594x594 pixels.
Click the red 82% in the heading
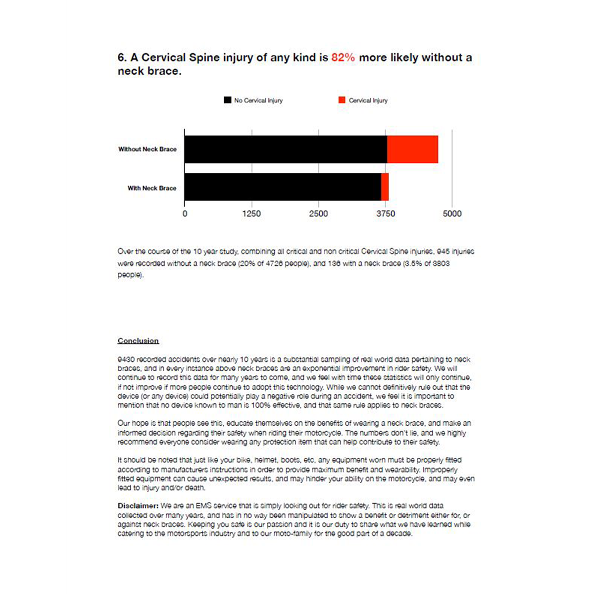point(343,57)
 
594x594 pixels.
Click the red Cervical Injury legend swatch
point(342,100)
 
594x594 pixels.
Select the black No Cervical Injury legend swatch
point(227,100)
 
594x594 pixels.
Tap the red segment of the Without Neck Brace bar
point(412,149)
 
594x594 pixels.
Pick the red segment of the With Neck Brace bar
point(385,187)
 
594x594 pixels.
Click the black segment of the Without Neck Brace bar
point(286,149)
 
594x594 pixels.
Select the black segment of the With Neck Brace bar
point(283,187)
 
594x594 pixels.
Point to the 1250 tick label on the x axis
point(251,214)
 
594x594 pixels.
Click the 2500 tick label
point(318,214)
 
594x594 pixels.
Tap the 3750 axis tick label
point(386,214)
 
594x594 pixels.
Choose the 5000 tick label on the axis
point(452,214)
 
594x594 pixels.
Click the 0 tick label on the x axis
point(185,214)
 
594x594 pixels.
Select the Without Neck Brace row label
point(147,149)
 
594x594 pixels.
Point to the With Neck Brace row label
point(151,188)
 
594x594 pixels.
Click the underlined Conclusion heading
point(138,341)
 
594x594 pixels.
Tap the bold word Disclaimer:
point(138,506)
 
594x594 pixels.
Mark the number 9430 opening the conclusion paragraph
point(126,359)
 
